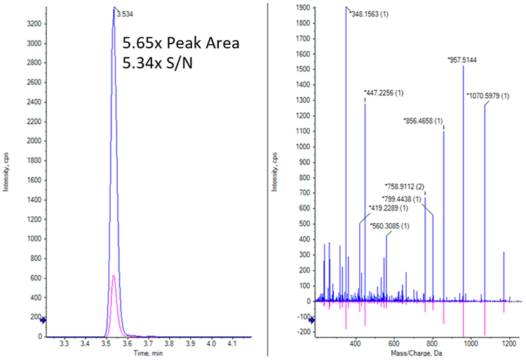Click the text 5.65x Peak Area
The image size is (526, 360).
(x=181, y=42)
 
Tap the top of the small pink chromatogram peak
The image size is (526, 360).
(x=113, y=276)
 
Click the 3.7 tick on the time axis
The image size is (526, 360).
(x=149, y=345)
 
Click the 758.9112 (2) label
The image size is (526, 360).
(x=405, y=187)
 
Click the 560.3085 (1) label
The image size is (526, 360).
(x=389, y=225)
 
